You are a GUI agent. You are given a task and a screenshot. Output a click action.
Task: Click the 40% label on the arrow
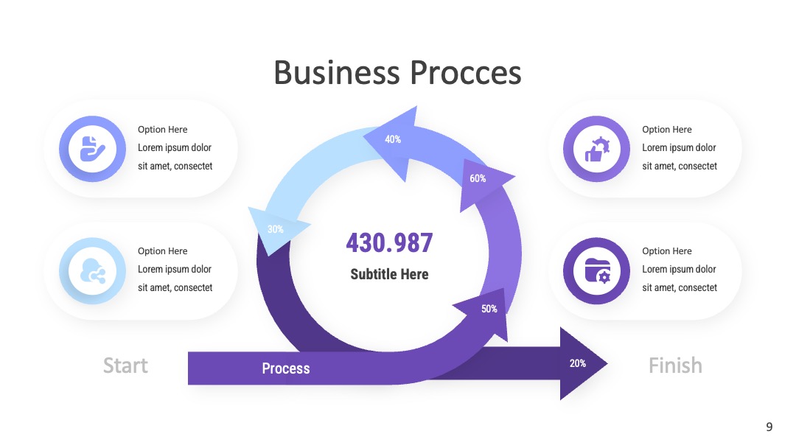(x=393, y=139)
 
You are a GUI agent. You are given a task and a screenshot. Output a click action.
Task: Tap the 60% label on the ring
(x=478, y=178)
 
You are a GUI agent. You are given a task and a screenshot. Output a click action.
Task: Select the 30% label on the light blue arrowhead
(x=276, y=229)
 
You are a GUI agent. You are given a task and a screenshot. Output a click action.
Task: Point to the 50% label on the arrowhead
(x=489, y=309)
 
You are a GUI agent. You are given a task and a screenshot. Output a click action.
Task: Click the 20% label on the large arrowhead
(x=578, y=363)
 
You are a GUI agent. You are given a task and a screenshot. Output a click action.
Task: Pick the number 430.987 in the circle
(x=389, y=242)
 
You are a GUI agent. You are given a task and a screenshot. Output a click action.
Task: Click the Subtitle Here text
(x=389, y=274)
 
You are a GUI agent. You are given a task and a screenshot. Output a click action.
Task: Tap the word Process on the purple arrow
(x=286, y=368)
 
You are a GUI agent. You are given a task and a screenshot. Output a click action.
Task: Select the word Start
(x=125, y=365)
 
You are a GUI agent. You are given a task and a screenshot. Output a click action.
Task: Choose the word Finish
(x=675, y=365)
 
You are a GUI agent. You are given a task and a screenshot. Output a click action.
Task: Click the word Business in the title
(x=337, y=72)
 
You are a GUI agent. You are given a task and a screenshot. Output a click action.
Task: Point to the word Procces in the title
(x=466, y=72)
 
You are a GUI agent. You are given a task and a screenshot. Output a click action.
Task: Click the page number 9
(x=769, y=427)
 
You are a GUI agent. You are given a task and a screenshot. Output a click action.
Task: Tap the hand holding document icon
(x=92, y=149)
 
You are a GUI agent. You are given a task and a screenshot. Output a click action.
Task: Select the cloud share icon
(x=92, y=271)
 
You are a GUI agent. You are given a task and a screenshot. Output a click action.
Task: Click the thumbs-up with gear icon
(x=596, y=149)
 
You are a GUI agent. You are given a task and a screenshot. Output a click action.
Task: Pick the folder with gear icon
(x=597, y=271)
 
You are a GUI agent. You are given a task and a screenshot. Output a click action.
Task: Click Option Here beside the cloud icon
(x=162, y=251)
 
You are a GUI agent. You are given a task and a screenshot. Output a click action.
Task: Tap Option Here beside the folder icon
(x=666, y=251)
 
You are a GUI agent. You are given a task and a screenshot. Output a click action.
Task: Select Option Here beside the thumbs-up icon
(x=666, y=130)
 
